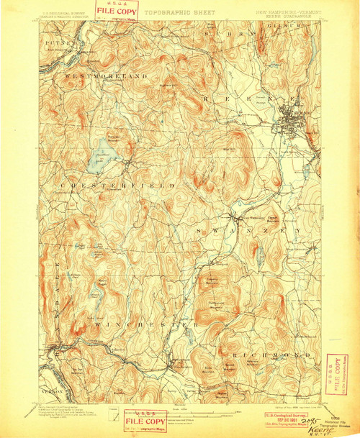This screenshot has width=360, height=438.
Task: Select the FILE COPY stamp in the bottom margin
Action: coord(145,420)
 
